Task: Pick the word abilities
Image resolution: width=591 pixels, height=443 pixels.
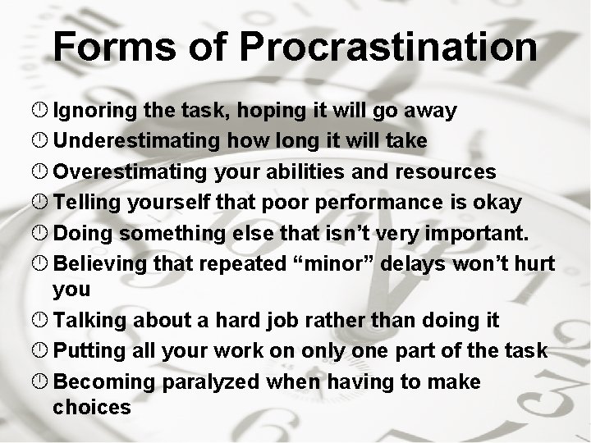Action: pos(303,171)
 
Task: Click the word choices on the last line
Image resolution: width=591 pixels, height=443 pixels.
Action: pos(92,407)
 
